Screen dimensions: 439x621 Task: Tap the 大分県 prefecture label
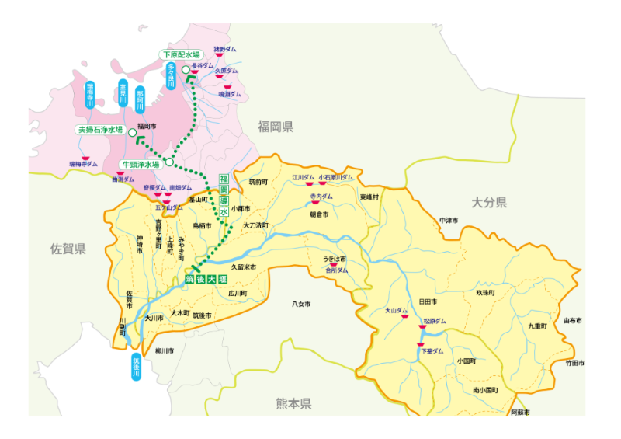coord(489,203)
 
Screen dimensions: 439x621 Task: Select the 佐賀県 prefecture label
coord(68,249)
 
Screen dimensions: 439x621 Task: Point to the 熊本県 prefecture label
coord(293,403)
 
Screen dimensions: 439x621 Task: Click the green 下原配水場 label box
coord(180,55)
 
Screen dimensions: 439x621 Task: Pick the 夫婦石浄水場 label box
coord(100,130)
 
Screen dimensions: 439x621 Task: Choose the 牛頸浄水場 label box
coord(141,165)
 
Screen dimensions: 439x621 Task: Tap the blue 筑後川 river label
coord(137,367)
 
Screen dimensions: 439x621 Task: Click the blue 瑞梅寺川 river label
coord(90,94)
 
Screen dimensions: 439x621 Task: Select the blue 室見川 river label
coord(123,94)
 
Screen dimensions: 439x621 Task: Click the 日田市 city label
coord(428,301)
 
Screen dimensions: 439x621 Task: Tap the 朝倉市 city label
coord(320,214)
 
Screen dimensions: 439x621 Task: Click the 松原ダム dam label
coord(435,321)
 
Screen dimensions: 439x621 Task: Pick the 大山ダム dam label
coord(396,311)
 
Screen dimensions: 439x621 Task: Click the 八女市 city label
coord(301,303)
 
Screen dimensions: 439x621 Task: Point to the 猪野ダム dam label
coord(225,49)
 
